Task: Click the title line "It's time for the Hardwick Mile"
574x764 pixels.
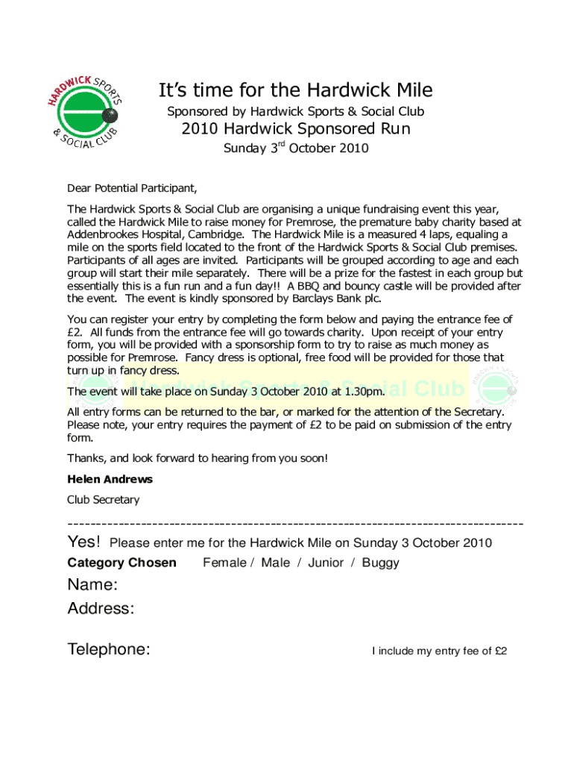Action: coord(295,91)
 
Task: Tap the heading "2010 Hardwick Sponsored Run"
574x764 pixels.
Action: coord(296,129)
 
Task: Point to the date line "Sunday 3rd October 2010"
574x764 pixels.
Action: coord(296,148)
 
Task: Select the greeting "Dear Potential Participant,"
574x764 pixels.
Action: coord(132,187)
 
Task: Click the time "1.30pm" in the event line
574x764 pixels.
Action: coord(365,391)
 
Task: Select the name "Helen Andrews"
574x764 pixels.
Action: coord(110,479)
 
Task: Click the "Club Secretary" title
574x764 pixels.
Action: coord(103,500)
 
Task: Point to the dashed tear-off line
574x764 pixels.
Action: coord(295,524)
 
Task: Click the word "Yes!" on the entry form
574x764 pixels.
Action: coord(83,542)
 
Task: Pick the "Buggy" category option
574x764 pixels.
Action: coord(380,563)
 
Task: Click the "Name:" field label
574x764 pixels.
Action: coord(92,584)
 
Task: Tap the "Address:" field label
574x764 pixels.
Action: coord(101,609)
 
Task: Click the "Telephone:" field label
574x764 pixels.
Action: coord(109,650)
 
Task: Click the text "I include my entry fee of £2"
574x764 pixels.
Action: coord(439,651)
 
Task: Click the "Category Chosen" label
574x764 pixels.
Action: coord(122,563)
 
